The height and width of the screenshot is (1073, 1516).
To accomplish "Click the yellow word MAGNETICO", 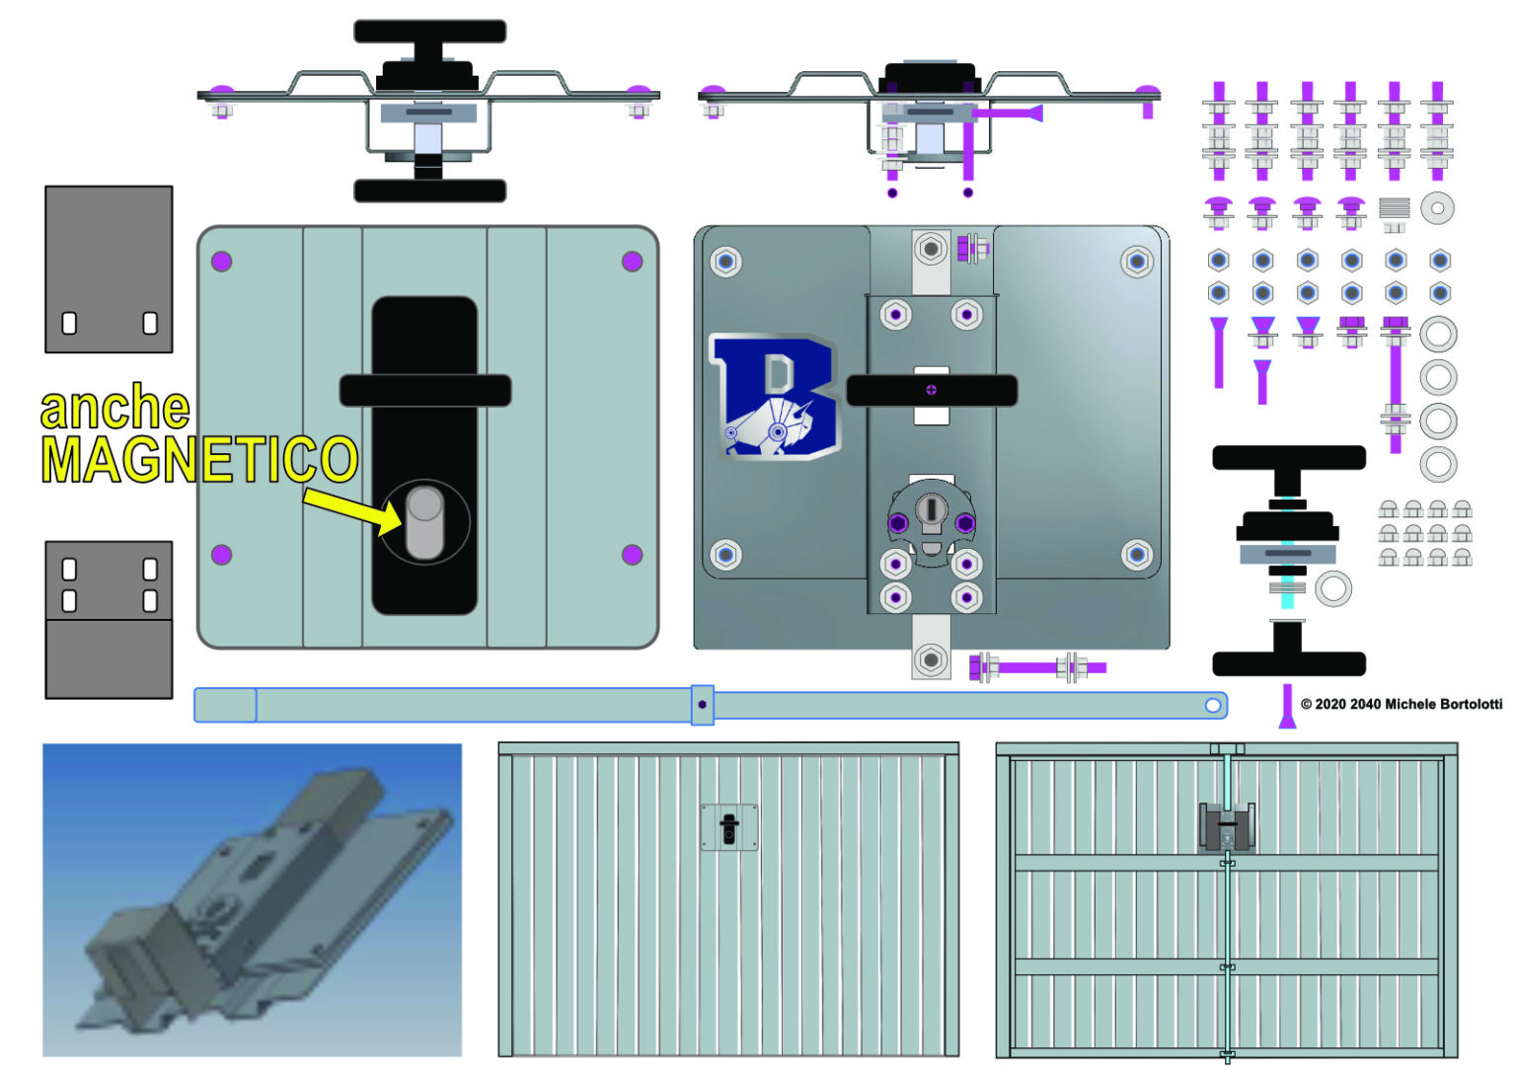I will coord(198,459).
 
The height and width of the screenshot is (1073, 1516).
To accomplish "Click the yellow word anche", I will coord(114,407).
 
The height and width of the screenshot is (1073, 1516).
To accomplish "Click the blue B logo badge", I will coord(776,398).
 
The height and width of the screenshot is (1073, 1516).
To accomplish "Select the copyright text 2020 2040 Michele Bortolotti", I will coord(1402,704).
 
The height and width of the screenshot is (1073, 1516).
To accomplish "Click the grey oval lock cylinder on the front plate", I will coord(424,522).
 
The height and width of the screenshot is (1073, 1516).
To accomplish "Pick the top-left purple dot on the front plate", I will coord(221,261).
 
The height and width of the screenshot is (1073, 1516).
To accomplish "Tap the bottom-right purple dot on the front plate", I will coord(632,555).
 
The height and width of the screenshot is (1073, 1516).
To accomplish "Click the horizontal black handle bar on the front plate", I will coord(425,391).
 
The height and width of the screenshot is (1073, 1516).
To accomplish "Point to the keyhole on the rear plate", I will coord(931,509).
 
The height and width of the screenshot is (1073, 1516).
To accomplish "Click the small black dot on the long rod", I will coord(702,704).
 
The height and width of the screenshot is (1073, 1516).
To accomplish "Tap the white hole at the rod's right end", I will coord(1213,705).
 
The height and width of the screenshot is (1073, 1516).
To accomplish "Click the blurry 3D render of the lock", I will coord(252,899).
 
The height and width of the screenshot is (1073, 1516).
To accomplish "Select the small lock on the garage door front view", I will coord(729,826).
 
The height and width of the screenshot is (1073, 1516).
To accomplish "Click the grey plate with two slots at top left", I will coord(109,268).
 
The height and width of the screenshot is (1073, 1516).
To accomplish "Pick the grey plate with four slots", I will coord(109,619).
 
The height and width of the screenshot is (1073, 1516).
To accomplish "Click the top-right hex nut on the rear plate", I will coord(1137,262).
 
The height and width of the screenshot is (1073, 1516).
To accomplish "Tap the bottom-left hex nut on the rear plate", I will coord(725,554).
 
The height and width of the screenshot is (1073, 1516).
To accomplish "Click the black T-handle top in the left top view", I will coord(429,32).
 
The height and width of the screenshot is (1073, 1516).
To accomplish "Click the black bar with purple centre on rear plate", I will coord(931,390).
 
